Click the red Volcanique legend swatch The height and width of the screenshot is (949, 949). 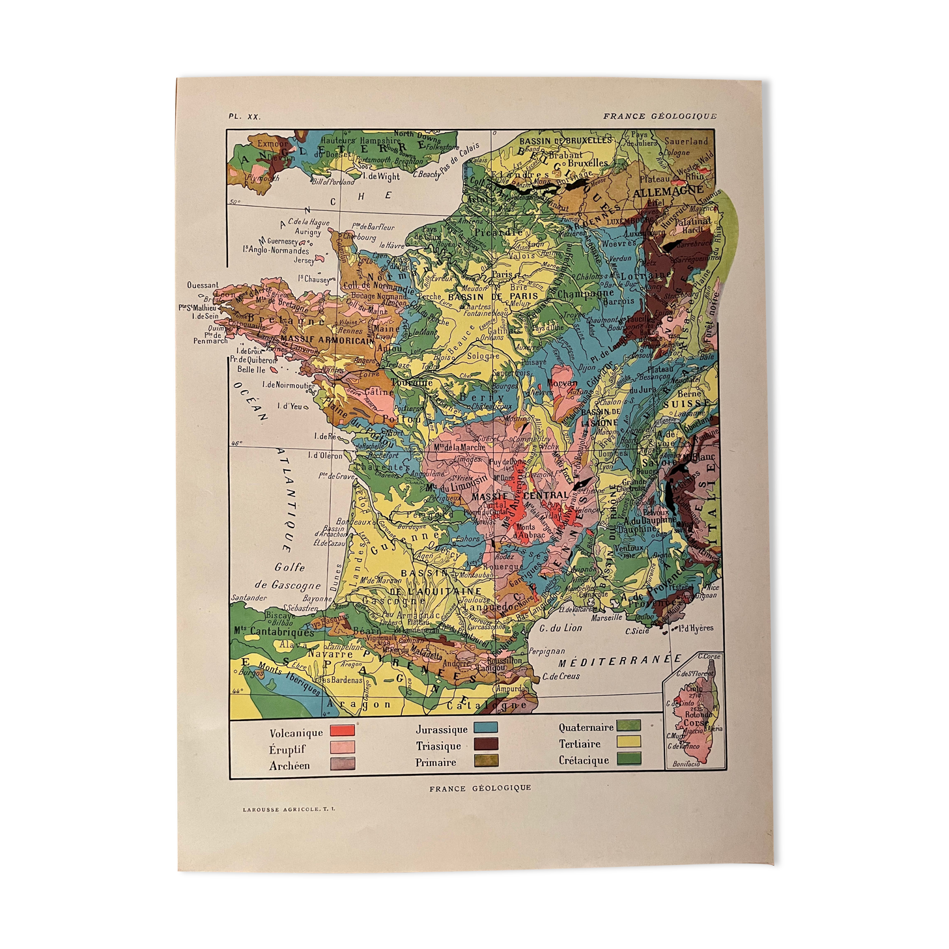[x=342, y=730]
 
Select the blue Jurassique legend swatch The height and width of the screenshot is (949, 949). [x=485, y=727]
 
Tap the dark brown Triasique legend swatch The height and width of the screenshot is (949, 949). [x=485, y=743]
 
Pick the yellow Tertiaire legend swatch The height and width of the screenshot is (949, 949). [x=629, y=741]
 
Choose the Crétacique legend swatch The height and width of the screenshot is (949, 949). [x=629, y=758]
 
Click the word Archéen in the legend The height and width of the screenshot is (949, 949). [x=289, y=766]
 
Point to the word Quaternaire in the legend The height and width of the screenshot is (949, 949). [x=586, y=727]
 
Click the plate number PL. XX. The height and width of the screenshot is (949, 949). [x=244, y=117]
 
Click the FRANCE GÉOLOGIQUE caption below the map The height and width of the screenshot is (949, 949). [x=480, y=787]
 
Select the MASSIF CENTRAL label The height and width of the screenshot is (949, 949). [x=519, y=496]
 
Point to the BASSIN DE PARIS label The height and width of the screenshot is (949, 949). [x=493, y=296]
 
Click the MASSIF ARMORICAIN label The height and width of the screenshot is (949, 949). [x=327, y=339]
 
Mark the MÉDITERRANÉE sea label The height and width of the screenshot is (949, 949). [x=619, y=660]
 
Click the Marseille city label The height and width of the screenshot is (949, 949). [x=606, y=617]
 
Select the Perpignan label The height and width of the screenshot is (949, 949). [x=547, y=651]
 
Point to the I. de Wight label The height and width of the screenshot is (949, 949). [x=381, y=176]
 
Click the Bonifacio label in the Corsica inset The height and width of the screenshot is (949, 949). [x=686, y=763]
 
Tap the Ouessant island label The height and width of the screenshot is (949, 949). [x=203, y=285]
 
